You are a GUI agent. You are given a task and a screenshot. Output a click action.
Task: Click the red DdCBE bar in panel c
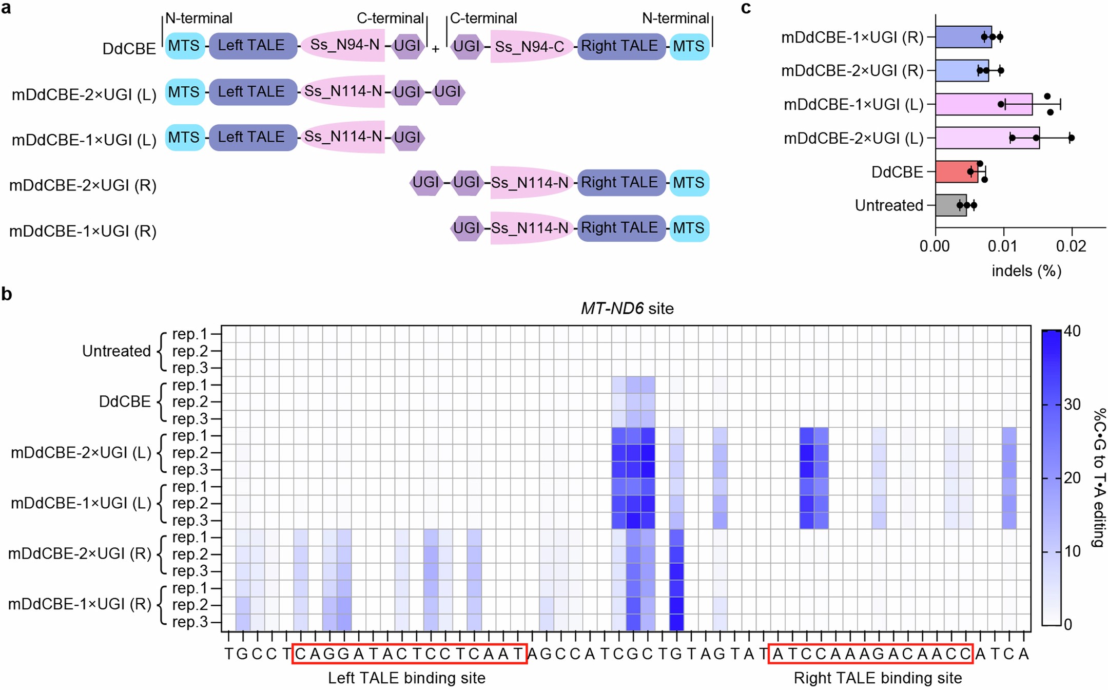tap(956, 171)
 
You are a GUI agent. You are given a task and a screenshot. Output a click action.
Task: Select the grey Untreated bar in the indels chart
tap(950, 205)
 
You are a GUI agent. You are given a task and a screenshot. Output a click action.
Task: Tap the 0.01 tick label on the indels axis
tap(1002, 246)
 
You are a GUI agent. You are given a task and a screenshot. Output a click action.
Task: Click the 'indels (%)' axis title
tap(1026, 271)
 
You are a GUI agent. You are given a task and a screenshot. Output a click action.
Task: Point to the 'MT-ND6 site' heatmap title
tap(627, 308)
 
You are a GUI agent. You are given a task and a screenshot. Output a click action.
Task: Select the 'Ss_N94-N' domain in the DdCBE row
tap(344, 45)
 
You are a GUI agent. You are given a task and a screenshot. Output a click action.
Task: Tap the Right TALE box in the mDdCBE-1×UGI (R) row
tap(620, 227)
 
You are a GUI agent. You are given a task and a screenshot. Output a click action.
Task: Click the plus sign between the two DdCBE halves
tap(435, 49)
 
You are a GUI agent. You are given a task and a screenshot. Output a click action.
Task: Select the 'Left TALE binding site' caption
tap(406, 678)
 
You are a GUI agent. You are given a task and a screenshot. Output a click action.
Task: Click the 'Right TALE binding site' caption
tap(878, 678)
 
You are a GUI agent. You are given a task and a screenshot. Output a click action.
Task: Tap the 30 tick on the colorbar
tap(1072, 405)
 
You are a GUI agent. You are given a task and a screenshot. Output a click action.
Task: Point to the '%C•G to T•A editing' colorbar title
tap(1098, 477)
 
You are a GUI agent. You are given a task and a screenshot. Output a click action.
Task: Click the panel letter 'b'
tap(7, 294)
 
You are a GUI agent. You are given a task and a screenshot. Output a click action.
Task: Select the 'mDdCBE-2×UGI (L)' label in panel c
tap(853, 138)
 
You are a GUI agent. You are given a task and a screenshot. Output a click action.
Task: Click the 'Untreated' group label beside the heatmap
tap(116, 351)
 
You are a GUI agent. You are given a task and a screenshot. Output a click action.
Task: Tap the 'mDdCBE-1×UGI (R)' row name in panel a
tap(83, 231)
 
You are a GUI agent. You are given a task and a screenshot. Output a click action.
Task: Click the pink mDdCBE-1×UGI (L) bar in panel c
tap(983, 104)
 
